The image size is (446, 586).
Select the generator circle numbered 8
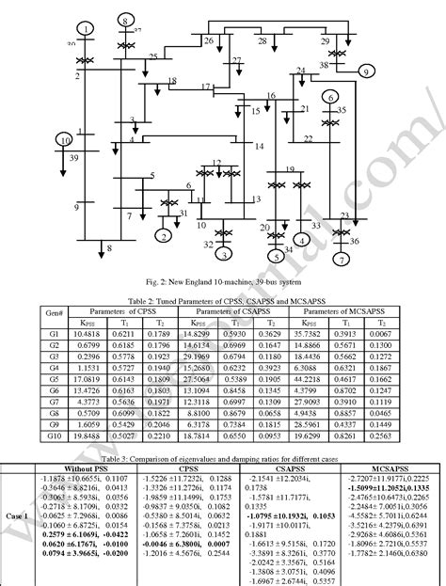click(x=126, y=19)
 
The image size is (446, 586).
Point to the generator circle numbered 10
click(x=64, y=140)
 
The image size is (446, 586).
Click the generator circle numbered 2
click(x=164, y=235)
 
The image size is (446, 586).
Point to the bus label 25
click(x=152, y=58)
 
